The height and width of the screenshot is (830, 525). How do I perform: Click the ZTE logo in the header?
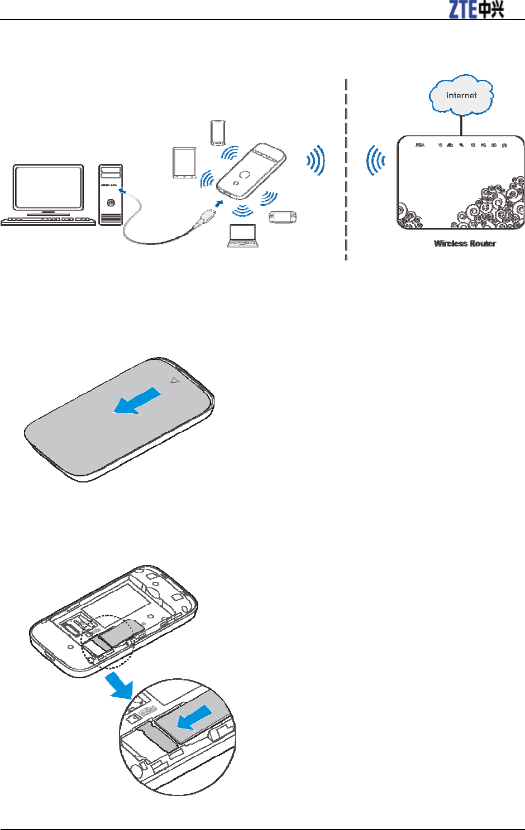click(476, 9)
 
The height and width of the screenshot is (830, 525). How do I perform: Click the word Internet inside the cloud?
click(461, 95)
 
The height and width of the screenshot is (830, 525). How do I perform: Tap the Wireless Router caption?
click(465, 244)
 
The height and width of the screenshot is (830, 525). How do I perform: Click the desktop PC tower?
click(111, 194)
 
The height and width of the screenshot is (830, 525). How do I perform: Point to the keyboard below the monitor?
click(49, 221)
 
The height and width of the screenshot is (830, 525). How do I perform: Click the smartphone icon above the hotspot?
click(217, 133)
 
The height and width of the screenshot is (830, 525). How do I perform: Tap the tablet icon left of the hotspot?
click(184, 163)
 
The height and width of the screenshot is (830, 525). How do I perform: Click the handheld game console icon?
click(283, 217)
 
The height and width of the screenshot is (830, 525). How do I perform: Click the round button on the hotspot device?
click(245, 175)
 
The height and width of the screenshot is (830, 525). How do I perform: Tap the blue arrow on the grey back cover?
click(137, 402)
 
